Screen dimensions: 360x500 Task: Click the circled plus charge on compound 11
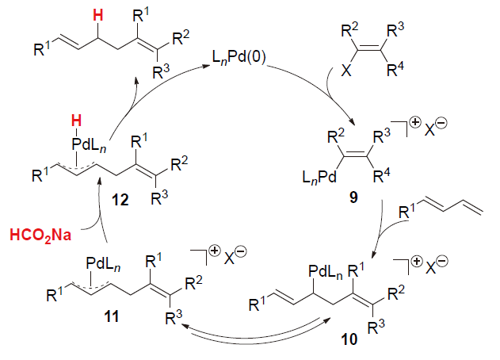[x=206, y=255]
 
